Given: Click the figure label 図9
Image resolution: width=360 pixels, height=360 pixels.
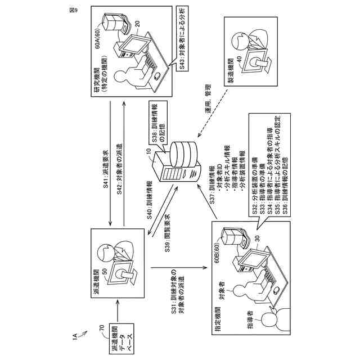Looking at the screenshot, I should (73, 11).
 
